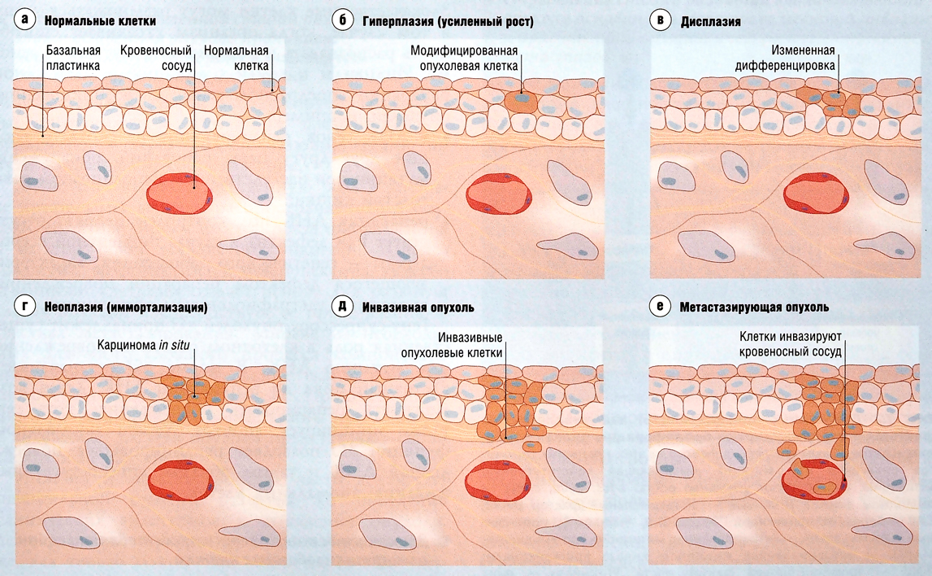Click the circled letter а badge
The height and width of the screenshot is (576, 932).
(27, 21)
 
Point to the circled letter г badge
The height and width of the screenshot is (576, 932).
(27, 307)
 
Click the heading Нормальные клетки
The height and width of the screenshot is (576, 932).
(101, 21)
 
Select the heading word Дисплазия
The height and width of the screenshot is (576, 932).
(710, 22)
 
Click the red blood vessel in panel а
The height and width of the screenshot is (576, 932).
(180, 193)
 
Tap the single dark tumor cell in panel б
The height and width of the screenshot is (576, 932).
(520, 102)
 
